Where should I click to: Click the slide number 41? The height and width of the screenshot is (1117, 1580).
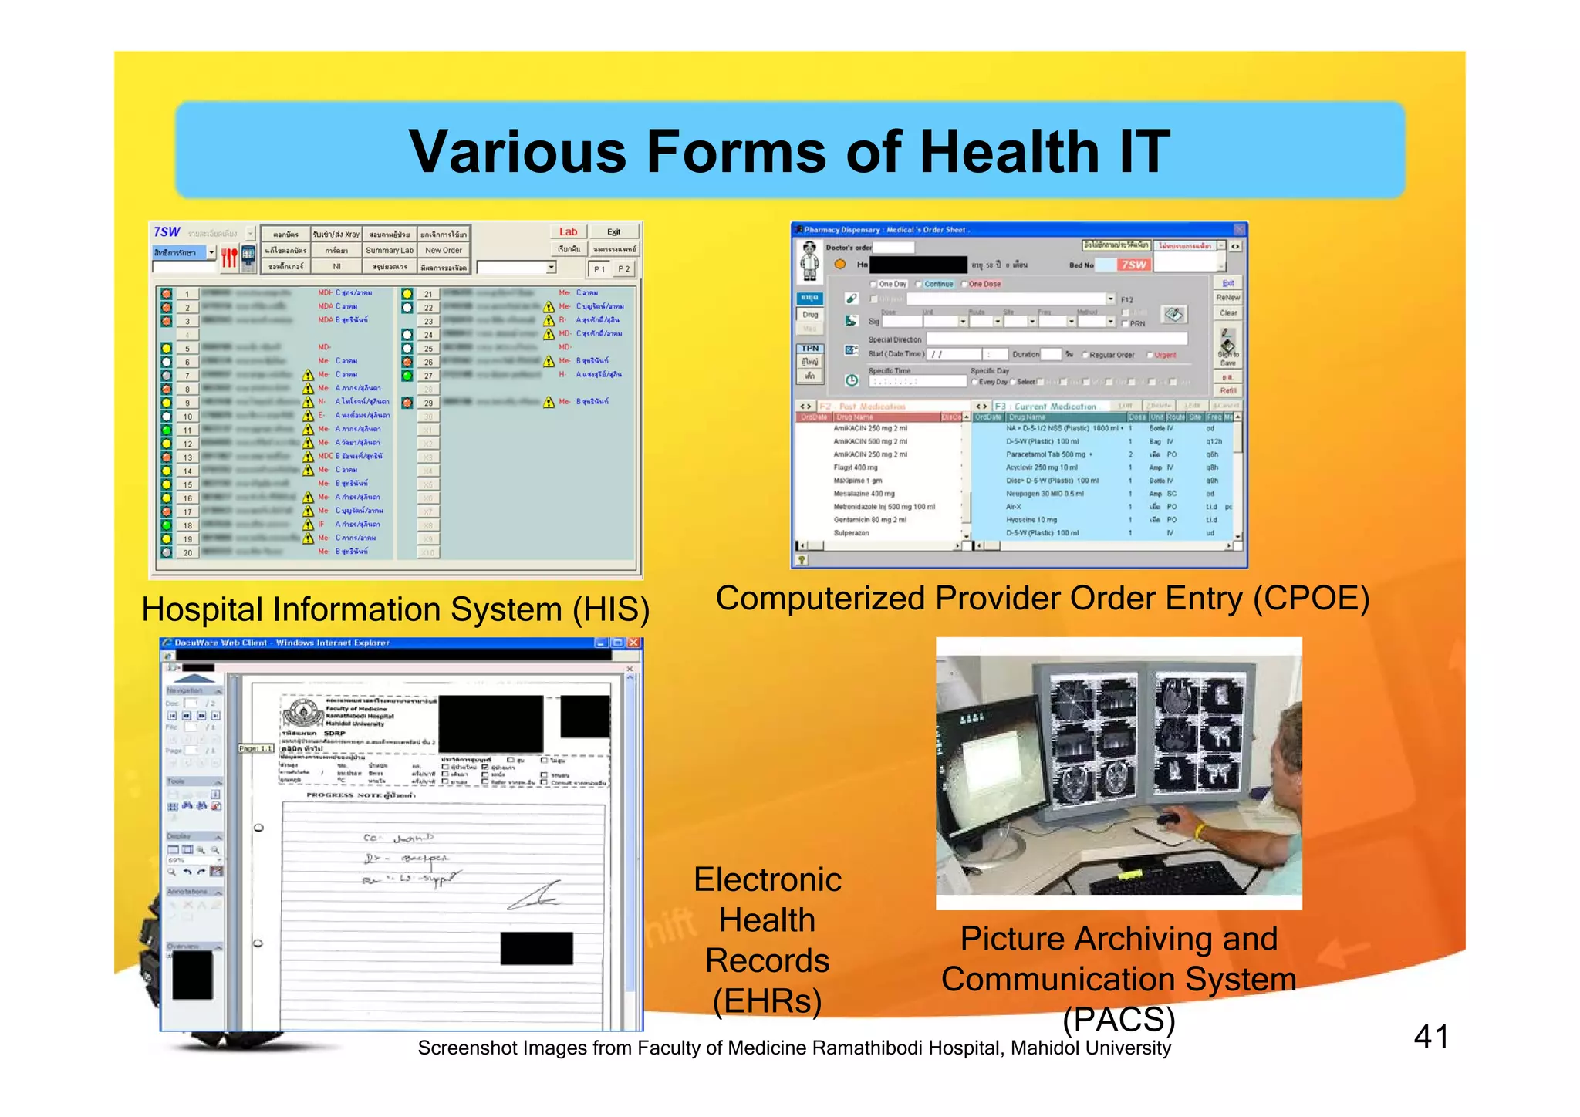coord(1430,1036)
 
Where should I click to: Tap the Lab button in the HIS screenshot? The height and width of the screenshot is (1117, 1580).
coord(568,231)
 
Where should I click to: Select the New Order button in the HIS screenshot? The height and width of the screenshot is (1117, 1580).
coord(444,250)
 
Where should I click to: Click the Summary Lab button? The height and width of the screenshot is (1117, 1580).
coord(390,250)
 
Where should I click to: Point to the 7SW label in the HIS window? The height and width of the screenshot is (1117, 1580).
coord(167,232)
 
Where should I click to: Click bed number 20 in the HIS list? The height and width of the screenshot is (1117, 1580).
coord(187,552)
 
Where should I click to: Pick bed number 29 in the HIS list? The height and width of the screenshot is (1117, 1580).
coord(428,403)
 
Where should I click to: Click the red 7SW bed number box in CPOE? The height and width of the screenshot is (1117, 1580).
coord(1133,265)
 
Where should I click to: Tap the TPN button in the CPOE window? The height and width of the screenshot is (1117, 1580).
coord(809,349)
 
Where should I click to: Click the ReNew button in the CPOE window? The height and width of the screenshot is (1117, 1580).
coord(1227,298)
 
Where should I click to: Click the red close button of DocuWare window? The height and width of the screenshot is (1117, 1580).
coord(633,643)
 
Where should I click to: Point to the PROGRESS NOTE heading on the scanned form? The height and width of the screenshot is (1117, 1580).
coord(360,795)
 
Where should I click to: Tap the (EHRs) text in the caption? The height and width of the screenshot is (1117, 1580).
coord(767,1001)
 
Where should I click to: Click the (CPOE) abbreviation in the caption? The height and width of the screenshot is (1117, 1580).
coord(1311,599)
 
